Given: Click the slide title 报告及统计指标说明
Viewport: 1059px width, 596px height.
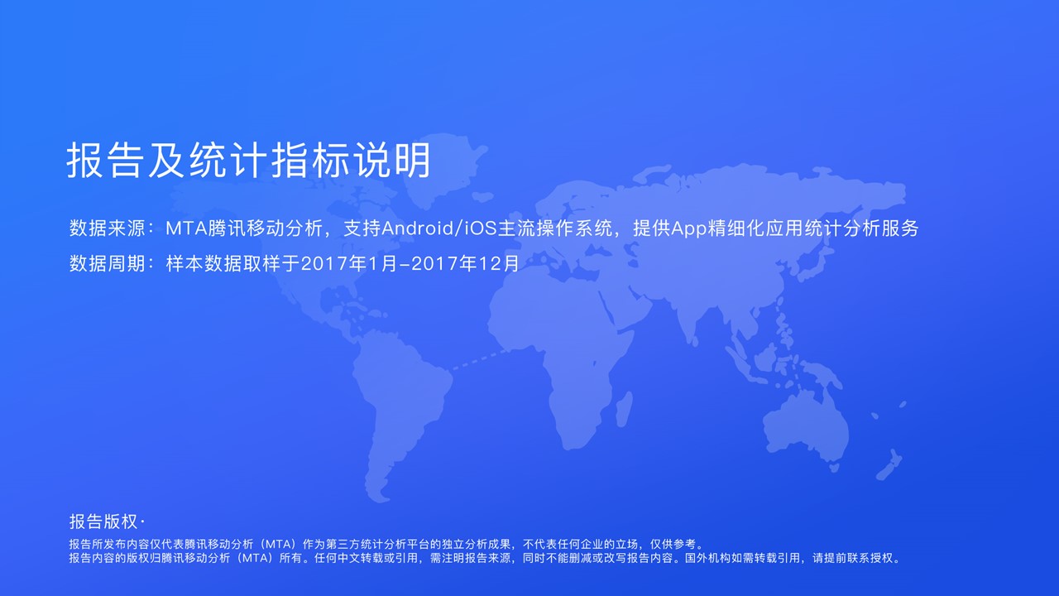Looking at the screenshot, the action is coord(249,161).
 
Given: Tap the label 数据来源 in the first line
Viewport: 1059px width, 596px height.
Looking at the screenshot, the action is coord(108,228).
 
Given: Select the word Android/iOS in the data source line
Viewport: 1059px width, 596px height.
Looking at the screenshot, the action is coord(439,228).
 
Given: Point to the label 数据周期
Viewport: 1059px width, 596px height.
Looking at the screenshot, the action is coord(108,263).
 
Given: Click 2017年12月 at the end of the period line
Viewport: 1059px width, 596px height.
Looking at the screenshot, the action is coord(466,263).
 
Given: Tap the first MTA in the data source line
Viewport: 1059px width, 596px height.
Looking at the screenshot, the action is coord(187,229).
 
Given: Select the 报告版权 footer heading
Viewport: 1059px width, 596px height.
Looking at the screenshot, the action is coord(103,521).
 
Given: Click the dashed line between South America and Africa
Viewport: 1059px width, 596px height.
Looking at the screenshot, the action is coord(480,359).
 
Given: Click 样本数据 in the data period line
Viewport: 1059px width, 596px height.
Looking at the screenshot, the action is coord(204,263).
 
